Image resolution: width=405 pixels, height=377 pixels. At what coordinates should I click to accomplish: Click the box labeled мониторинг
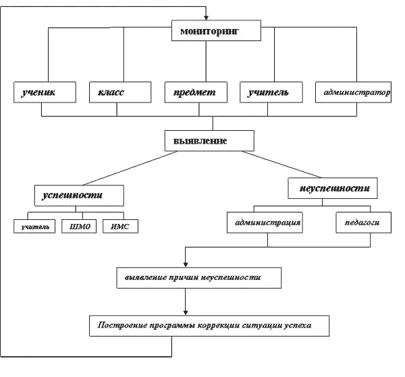[x=211, y=31]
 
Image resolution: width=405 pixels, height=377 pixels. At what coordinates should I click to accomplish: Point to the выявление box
[x=210, y=142]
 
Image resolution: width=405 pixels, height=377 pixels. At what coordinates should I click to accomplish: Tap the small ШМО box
[x=80, y=227]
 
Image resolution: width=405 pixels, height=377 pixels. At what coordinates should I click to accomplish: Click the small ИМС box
[x=121, y=227]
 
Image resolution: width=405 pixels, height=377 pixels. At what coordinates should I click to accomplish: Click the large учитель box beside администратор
[x=269, y=93]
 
